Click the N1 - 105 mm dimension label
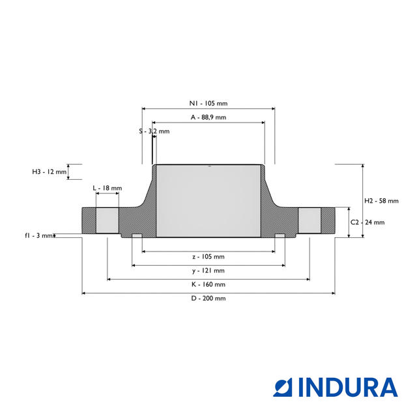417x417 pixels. tap(208, 104)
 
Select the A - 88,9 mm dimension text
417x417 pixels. tap(208, 117)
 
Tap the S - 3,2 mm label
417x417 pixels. tap(154, 131)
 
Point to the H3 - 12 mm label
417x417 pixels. tap(50, 172)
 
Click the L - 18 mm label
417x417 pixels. tap(107, 188)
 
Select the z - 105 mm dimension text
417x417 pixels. tap(208, 257)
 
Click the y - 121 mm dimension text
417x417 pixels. tap(208, 270)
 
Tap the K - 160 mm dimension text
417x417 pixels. tap(208, 284)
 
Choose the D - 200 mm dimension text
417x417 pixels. tap(208, 298)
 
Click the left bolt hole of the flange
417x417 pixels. tap(108, 220)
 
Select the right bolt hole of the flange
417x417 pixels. tap(309, 220)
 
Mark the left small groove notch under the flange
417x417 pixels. tap(137, 235)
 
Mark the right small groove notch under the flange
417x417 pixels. tap(279, 235)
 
